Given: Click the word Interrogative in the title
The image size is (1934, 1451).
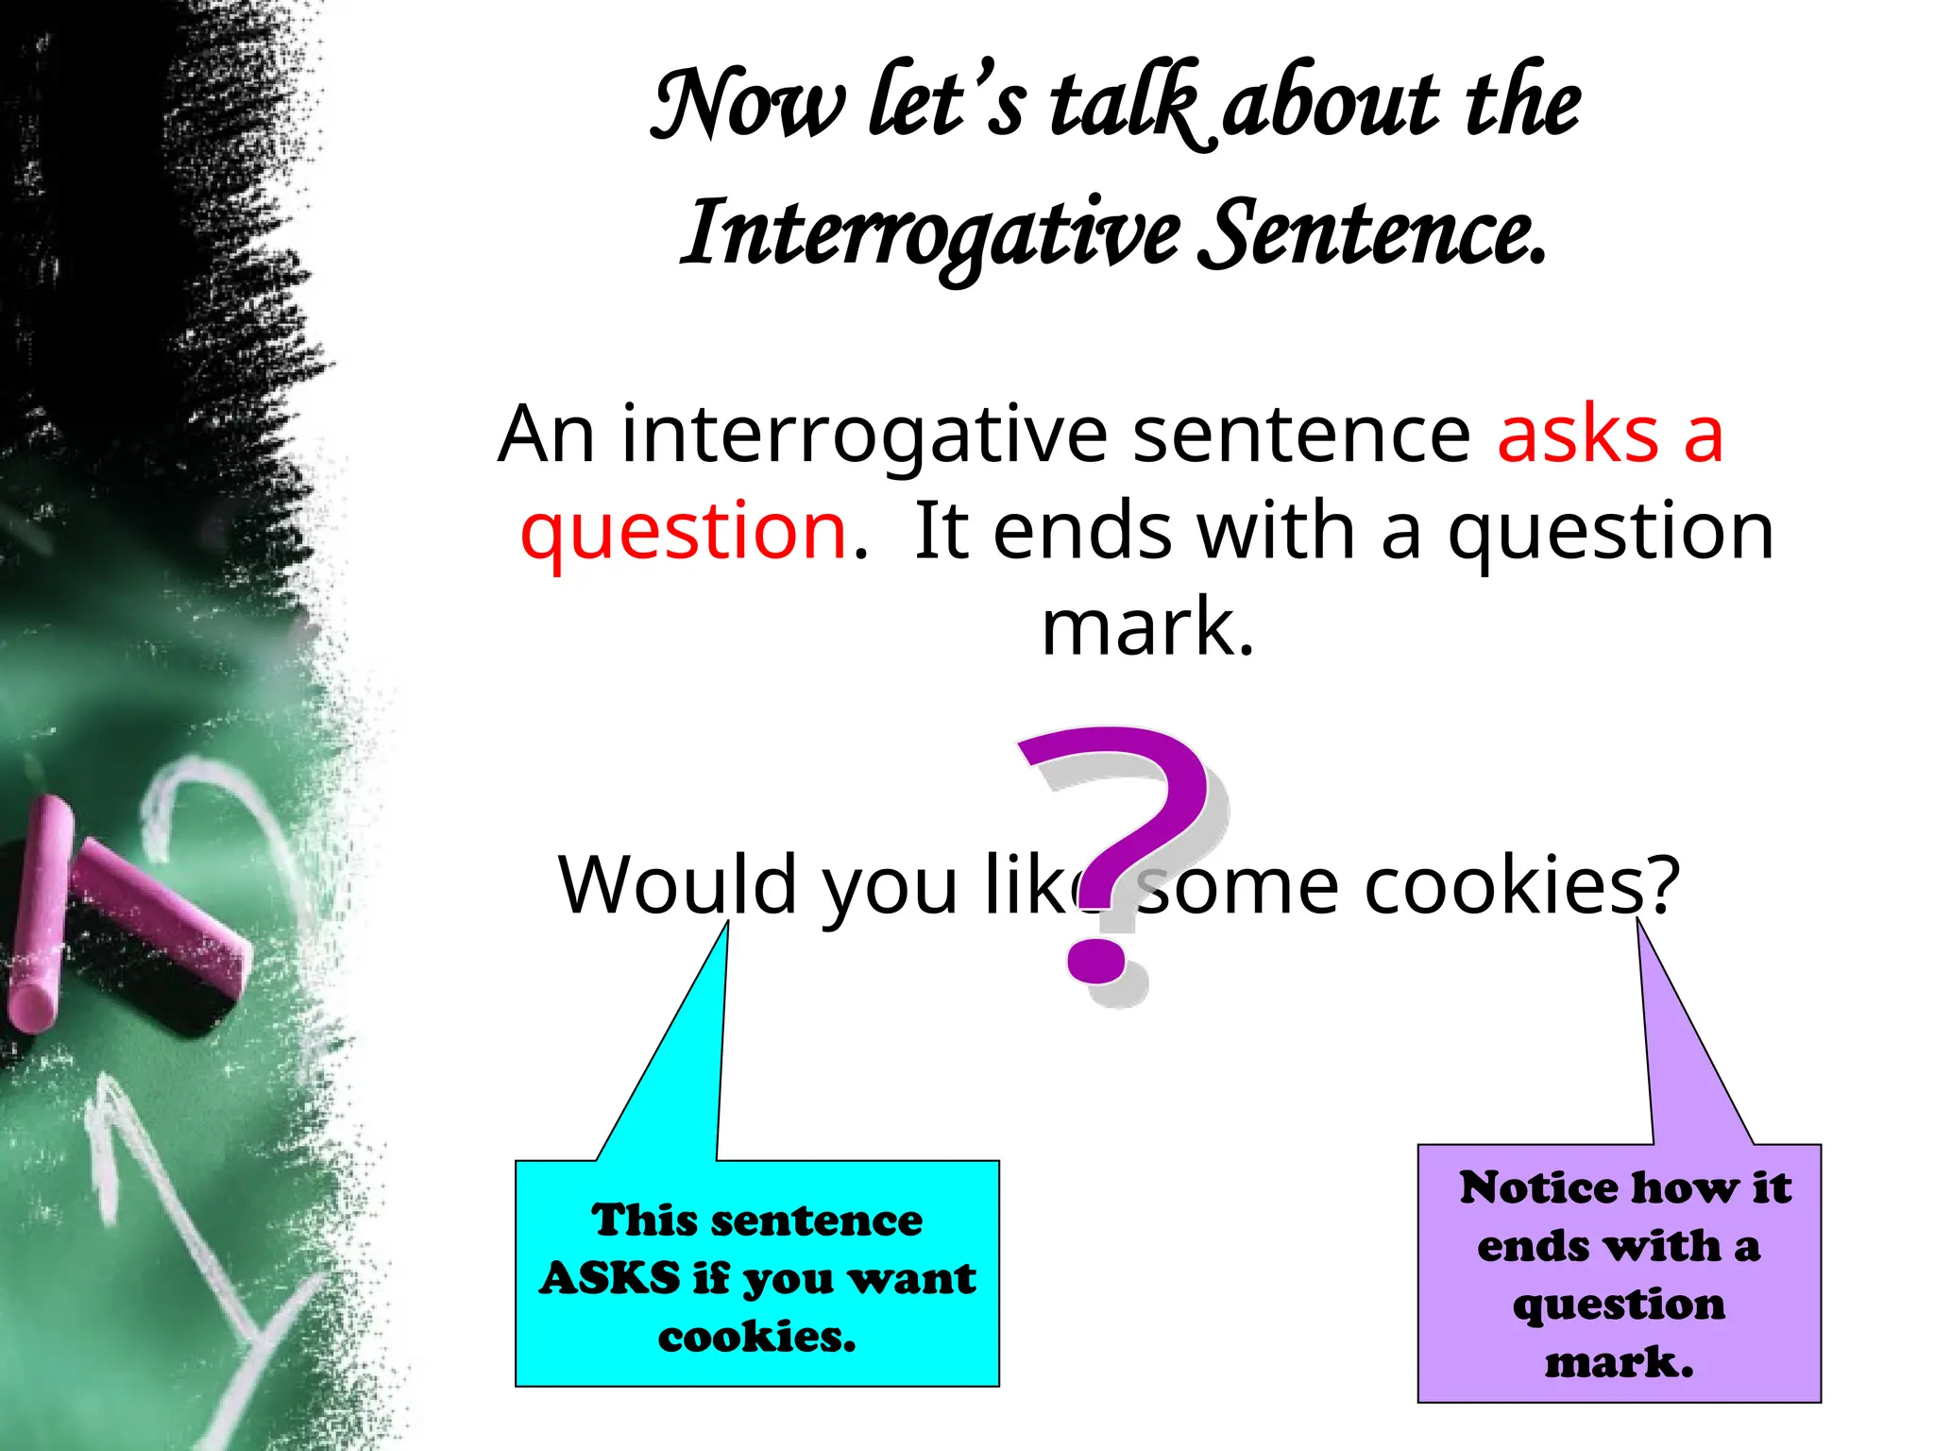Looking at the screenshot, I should (930, 234).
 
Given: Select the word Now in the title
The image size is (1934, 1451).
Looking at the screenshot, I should (747, 104).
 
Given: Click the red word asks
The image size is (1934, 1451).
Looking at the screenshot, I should (1577, 435).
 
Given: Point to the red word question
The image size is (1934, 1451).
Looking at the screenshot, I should (684, 531).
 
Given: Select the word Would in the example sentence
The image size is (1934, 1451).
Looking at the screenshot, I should (678, 885).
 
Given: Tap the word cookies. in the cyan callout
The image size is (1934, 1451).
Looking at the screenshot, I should (756, 1337).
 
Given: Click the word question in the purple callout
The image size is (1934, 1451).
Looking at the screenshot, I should (1619, 1305).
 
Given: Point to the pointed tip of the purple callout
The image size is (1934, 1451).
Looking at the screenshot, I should (1639, 923).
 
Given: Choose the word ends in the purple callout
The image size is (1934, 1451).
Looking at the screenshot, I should (1533, 1246).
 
